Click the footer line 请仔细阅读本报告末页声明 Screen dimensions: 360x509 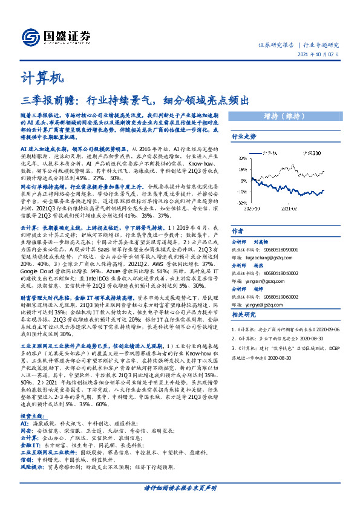click(x=180, y=487)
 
